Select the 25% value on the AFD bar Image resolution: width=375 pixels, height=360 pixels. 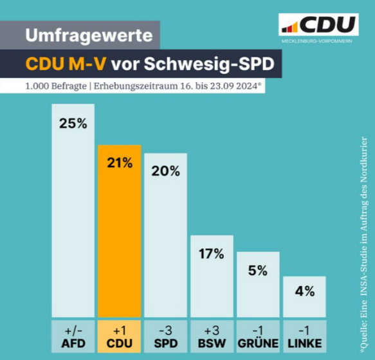[x=73, y=123]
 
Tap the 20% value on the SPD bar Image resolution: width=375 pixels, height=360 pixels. [x=165, y=170]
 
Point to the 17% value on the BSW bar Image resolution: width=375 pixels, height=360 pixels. [x=212, y=253]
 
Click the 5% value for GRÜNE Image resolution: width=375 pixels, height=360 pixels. [x=258, y=270]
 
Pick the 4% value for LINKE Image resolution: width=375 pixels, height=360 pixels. [x=304, y=291]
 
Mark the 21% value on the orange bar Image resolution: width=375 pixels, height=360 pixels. [x=119, y=163]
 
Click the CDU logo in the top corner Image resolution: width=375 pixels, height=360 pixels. [x=318, y=25]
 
